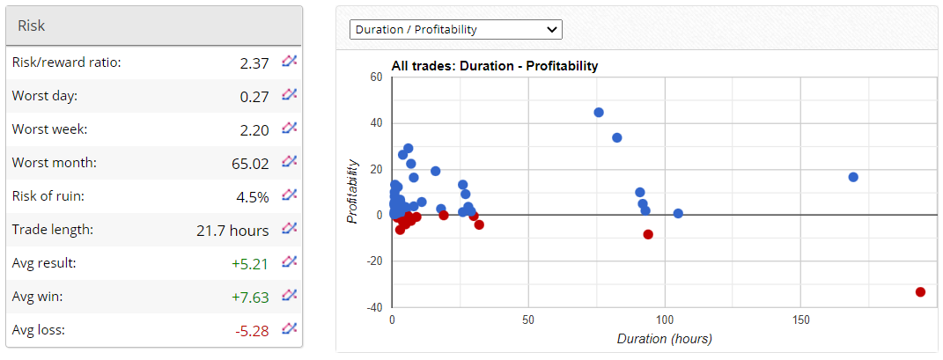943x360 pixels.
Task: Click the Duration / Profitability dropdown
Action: pyautogui.click(x=455, y=29)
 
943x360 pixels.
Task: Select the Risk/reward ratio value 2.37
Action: pyautogui.click(x=254, y=62)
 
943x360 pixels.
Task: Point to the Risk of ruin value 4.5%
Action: pyautogui.click(x=253, y=197)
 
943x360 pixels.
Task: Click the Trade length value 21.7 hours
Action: pyautogui.click(x=232, y=231)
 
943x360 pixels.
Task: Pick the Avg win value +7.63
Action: pyautogui.click(x=250, y=298)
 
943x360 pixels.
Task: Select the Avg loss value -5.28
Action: pyautogui.click(x=251, y=331)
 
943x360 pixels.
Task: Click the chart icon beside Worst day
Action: pyautogui.click(x=289, y=95)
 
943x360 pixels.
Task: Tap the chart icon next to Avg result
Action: pyautogui.click(x=289, y=261)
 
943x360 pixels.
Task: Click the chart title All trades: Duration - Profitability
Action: pyautogui.click(x=494, y=66)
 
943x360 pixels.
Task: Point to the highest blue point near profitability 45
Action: pyautogui.click(x=599, y=113)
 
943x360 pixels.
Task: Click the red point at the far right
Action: pyautogui.click(x=920, y=291)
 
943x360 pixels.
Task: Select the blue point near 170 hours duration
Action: pyautogui.click(x=853, y=177)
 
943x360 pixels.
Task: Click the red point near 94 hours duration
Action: pyautogui.click(x=648, y=234)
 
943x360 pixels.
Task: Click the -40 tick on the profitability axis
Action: pyautogui.click(x=375, y=307)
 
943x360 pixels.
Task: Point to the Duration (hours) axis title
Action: pyautogui.click(x=664, y=339)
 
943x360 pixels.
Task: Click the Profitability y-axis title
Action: pyautogui.click(x=353, y=191)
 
